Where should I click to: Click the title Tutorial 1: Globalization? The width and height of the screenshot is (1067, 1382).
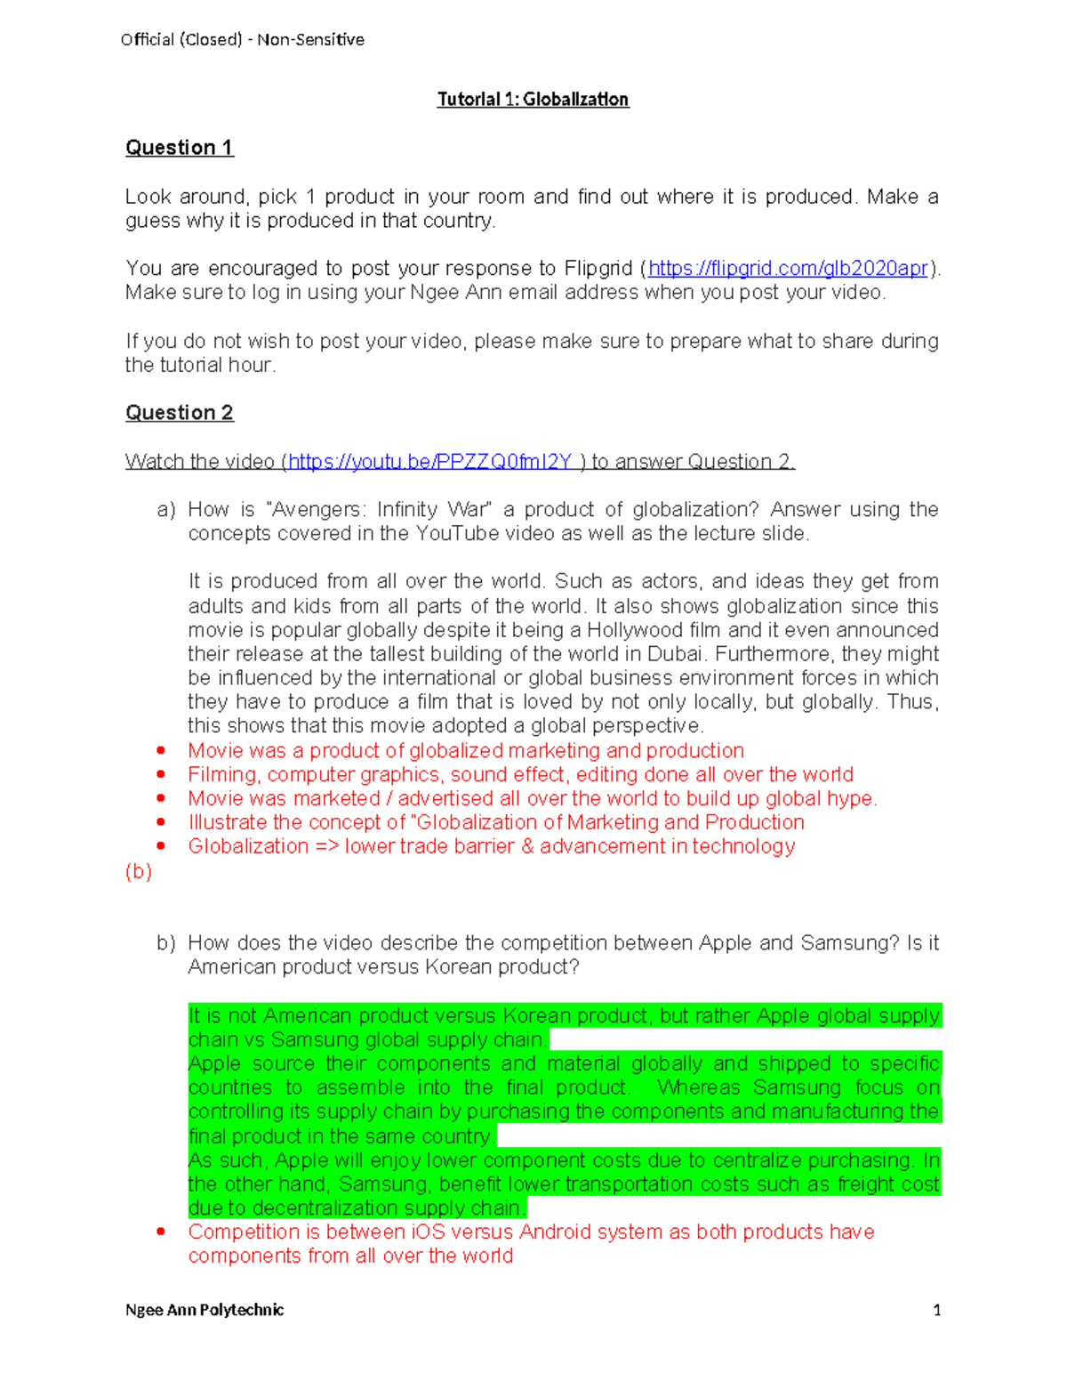point(533,99)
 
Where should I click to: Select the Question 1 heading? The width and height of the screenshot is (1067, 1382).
point(179,148)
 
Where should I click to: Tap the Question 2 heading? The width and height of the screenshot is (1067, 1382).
point(179,413)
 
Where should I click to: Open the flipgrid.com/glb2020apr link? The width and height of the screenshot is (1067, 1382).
point(788,268)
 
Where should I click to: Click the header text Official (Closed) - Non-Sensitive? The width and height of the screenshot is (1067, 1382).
point(242,39)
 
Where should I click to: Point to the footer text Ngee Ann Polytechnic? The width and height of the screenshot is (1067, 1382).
point(205,1309)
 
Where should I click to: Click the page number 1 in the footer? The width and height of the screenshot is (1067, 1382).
point(936,1309)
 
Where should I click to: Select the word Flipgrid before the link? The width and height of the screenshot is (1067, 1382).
point(598,268)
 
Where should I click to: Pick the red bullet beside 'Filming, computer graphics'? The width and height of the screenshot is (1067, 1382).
point(161,774)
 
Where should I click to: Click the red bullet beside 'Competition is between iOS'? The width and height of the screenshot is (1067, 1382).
point(161,1232)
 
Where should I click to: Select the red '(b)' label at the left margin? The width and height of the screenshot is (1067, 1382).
point(139,870)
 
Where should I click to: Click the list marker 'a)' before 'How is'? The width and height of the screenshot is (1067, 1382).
point(166,510)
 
